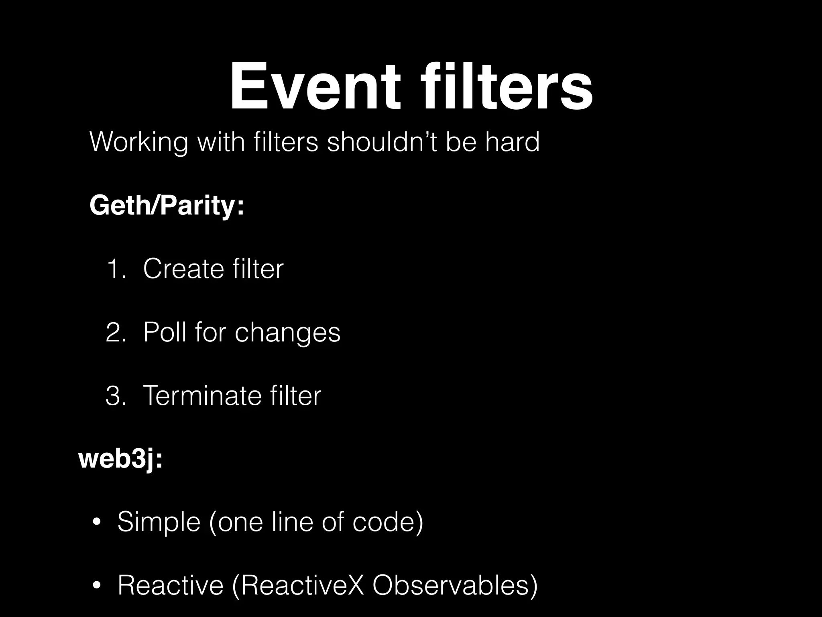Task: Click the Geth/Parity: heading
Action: [167, 205]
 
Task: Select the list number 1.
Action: [116, 269]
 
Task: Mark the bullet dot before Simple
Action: [96, 523]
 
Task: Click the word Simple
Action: [159, 522]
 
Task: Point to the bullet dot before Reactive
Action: [96, 586]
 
